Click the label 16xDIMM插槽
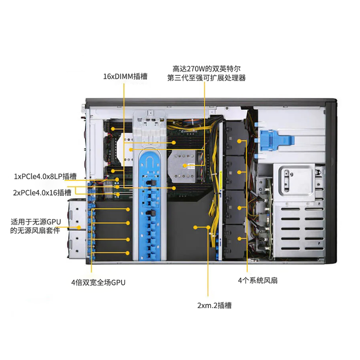[125, 76]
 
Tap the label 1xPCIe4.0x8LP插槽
[45, 176]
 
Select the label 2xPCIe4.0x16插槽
[42, 193]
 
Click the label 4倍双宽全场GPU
[98, 283]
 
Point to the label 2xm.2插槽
[215, 306]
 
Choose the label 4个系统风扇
[257, 280]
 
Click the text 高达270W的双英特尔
[207, 69]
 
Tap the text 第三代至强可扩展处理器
[207, 78]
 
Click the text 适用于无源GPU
[36, 222]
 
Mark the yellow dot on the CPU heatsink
[185, 166]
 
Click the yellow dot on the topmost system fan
[239, 141]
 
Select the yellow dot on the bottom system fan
[239, 238]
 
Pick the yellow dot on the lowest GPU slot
[128, 253]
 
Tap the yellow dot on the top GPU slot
[128, 209]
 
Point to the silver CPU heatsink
[183, 166]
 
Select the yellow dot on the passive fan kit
[79, 228]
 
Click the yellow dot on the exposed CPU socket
[131, 150]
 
